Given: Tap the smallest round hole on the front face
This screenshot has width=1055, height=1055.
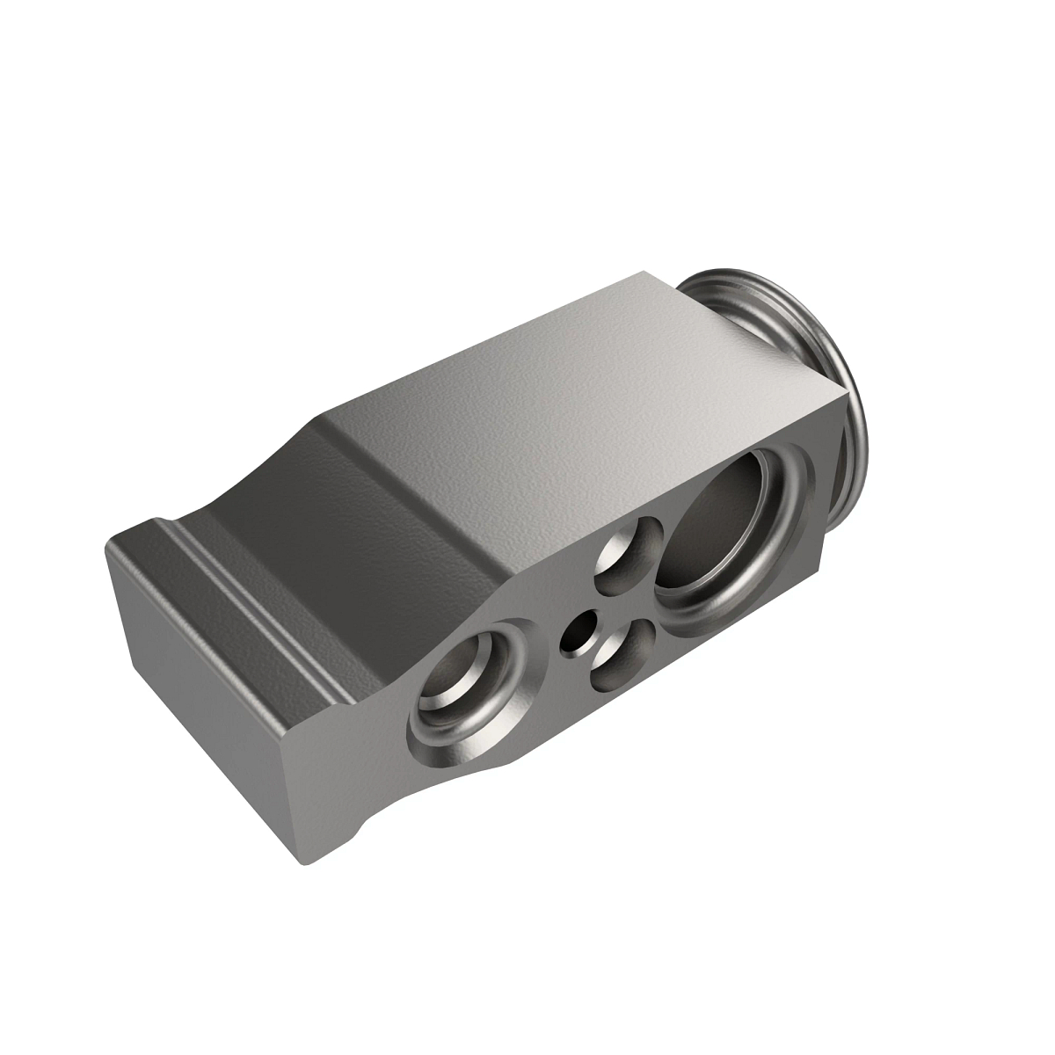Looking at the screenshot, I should pyautogui.click(x=581, y=634).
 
